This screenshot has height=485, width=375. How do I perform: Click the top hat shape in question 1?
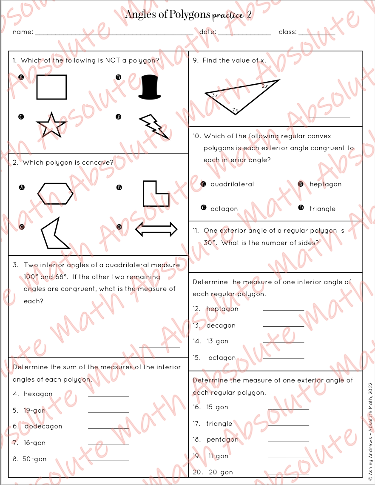(150, 87)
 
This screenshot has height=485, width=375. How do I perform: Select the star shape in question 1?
(51, 125)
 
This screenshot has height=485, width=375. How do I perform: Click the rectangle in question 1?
(51, 87)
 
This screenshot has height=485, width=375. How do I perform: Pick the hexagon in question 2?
(55, 194)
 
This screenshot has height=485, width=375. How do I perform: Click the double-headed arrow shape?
(156, 229)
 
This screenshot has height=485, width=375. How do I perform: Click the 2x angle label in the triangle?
(264, 86)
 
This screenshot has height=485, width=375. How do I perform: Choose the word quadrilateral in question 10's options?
(232, 184)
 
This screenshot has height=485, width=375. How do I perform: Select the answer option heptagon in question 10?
(325, 184)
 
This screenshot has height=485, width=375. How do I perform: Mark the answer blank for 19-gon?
(108, 412)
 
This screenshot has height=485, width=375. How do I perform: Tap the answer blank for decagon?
(284, 326)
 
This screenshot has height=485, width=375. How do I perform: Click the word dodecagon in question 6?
(43, 426)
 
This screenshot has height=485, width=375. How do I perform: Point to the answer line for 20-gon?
(288, 474)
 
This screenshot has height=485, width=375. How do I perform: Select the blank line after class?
(317, 34)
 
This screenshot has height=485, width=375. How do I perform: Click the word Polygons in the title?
(190, 15)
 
